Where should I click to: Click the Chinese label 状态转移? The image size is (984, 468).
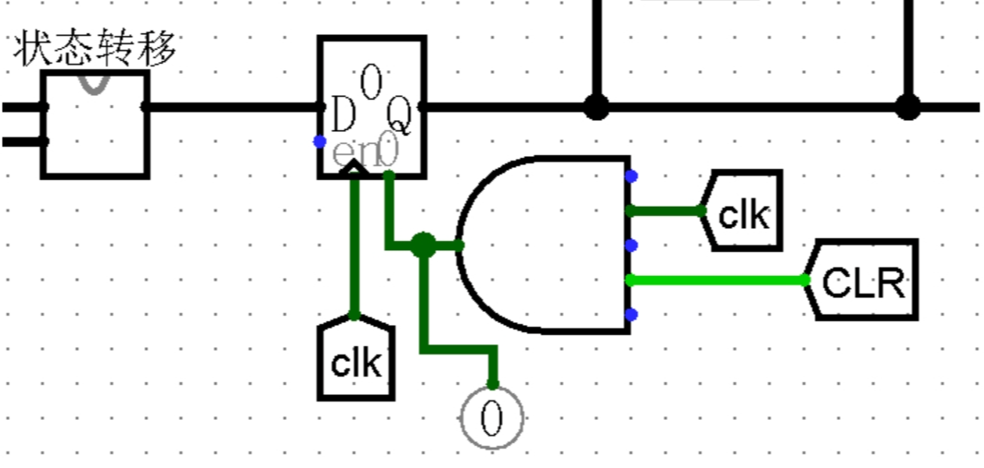point(95,50)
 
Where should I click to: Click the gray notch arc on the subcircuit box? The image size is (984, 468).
point(95,83)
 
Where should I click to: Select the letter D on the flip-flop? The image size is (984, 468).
point(343,116)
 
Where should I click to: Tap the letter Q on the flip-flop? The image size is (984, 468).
point(399,116)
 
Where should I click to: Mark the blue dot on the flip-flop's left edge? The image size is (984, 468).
point(319,141)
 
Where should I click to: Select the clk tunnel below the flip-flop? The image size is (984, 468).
point(355,362)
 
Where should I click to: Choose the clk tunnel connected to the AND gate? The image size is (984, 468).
point(743,212)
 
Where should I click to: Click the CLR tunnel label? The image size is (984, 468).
point(864,281)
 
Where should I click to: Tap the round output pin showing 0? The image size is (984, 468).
point(492,419)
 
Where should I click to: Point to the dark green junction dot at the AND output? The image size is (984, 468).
point(423,246)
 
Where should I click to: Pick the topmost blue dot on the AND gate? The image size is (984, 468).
point(631,175)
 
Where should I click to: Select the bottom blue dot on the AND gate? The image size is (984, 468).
point(631,315)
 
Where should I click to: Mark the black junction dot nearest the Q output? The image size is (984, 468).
point(597,107)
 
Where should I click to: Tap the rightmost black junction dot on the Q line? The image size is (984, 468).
point(908,107)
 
